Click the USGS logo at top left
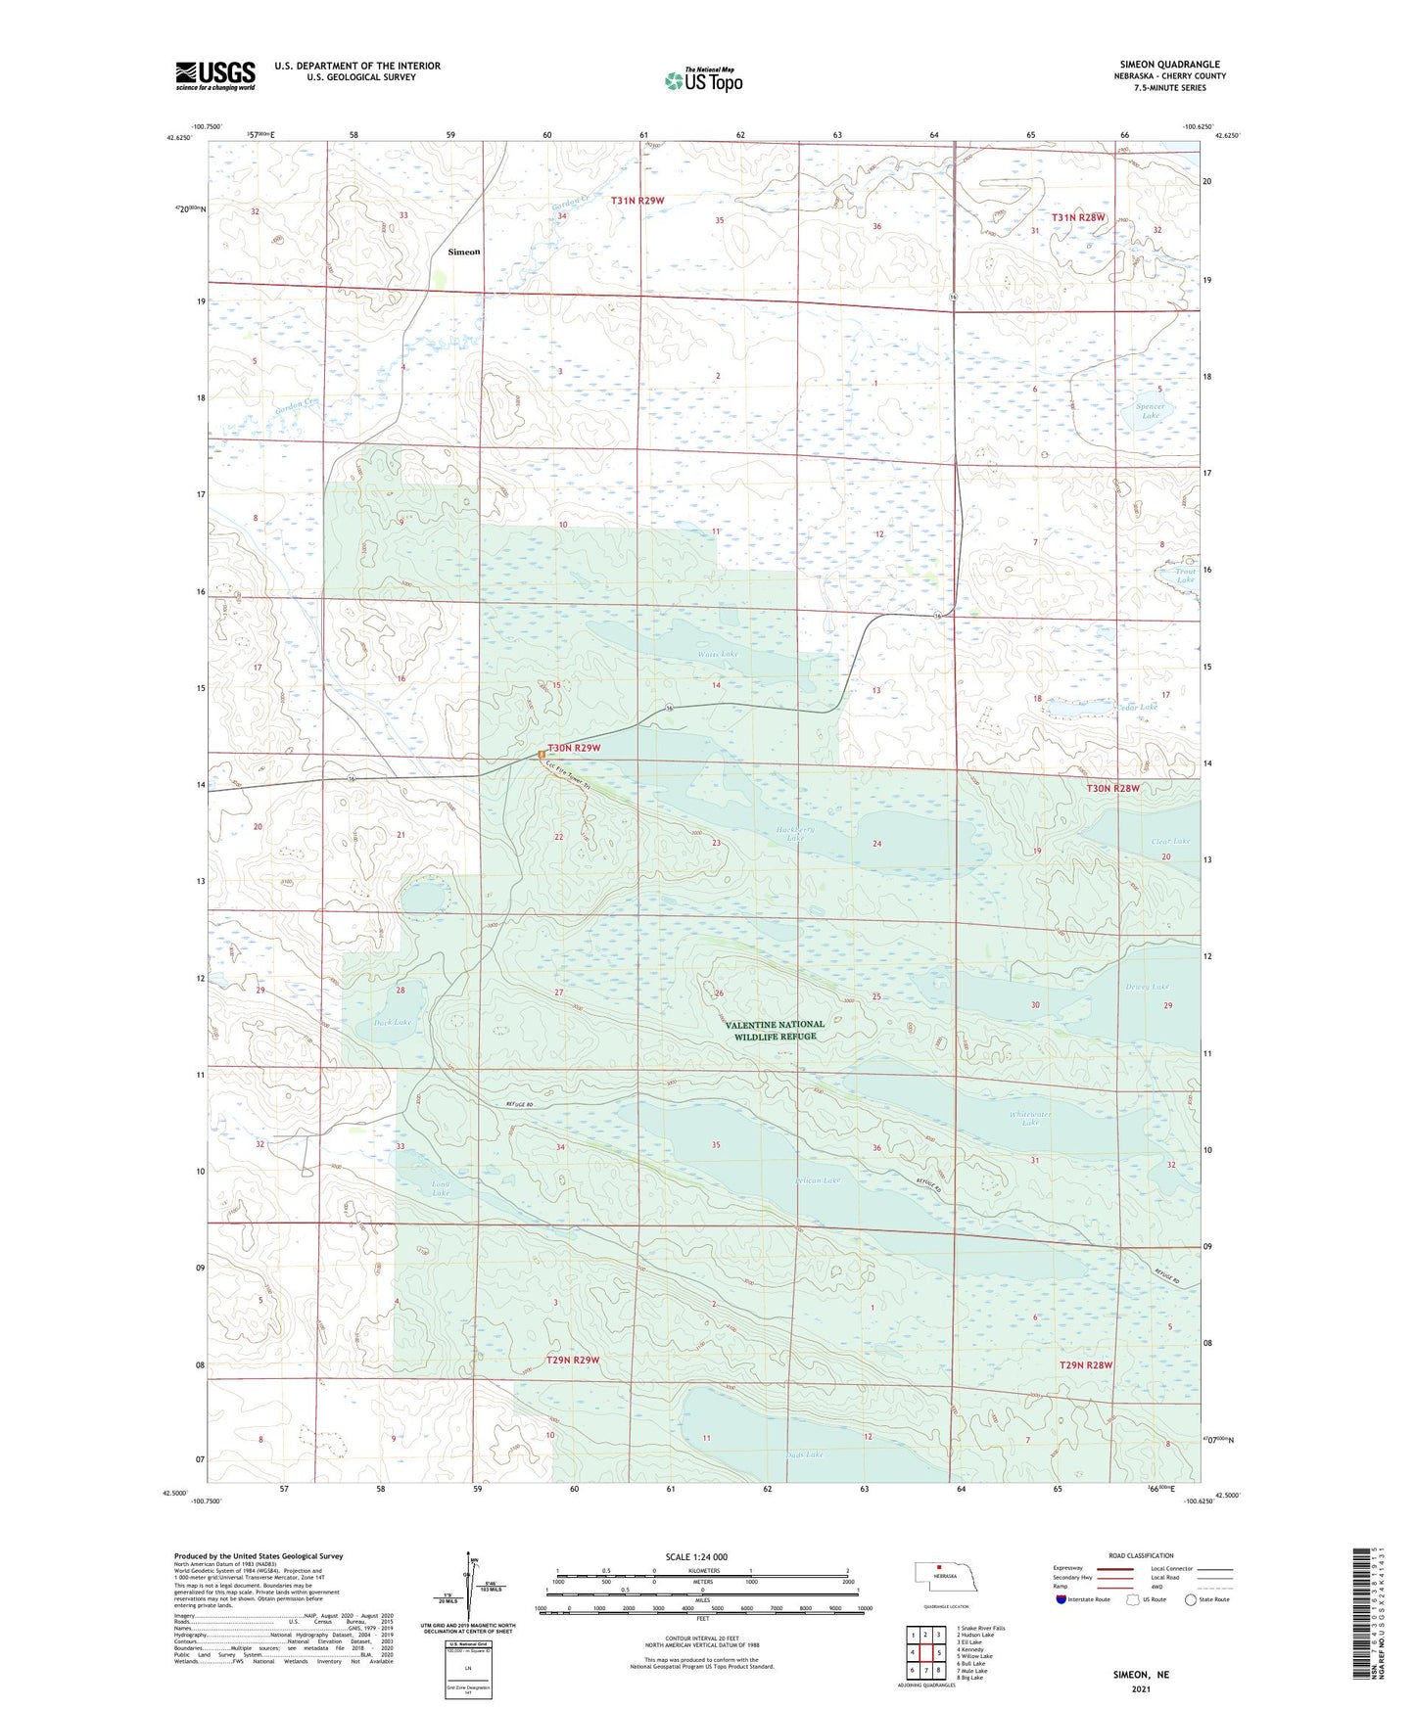tap(215, 75)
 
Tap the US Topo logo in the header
tap(702, 80)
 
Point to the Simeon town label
tap(464, 252)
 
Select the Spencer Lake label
tap(1150, 411)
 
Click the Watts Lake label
tap(718, 654)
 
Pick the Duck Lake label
tap(393, 1022)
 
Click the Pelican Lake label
tap(818, 1180)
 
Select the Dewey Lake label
tap(1147, 987)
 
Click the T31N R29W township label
tap(637, 201)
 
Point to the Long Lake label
tap(441, 1188)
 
